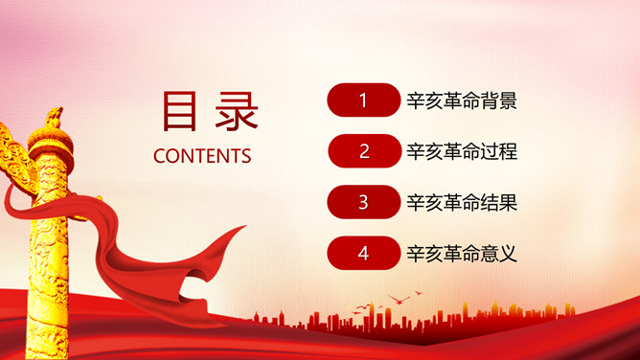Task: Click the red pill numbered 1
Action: [x=363, y=100]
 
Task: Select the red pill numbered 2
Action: [x=363, y=150]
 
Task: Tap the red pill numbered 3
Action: [x=363, y=202]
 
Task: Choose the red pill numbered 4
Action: [x=363, y=253]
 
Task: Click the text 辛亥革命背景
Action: [x=462, y=100]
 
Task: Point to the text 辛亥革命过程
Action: [x=462, y=150]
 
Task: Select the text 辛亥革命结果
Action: [x=462, y=202]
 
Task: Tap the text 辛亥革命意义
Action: [x=462, y=253]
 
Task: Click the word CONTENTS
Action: [x=202, y=156]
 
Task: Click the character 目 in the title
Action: [x=178, y=111]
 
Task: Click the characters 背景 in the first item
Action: [x=499, y=100]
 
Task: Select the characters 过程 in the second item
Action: [x=499, y=150]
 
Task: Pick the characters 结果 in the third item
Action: [x=499, y=202]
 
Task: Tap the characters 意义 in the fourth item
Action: [x=499, y=253]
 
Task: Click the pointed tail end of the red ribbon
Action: [x=240, y=229]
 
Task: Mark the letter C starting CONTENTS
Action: [x=159, y=156]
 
